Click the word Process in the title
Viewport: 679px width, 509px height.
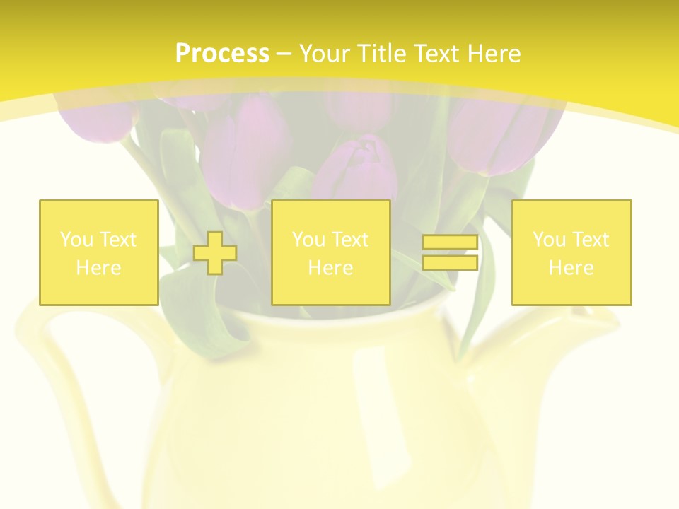pos(222,54)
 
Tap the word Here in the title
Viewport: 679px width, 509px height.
pos(493,54)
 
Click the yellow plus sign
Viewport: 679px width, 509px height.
pos(214,253)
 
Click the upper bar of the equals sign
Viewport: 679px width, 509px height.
pos(450,242)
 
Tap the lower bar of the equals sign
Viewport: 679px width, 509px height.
pos(450,262)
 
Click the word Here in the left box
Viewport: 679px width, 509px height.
pos(98,268)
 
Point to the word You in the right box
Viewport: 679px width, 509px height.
pos(549,240)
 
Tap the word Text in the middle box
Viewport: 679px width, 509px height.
pos(351,240)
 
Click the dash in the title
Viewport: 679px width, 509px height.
pos(284,54)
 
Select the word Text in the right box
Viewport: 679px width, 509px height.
pos(591,240)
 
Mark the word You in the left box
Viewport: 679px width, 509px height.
pos(76,240)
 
